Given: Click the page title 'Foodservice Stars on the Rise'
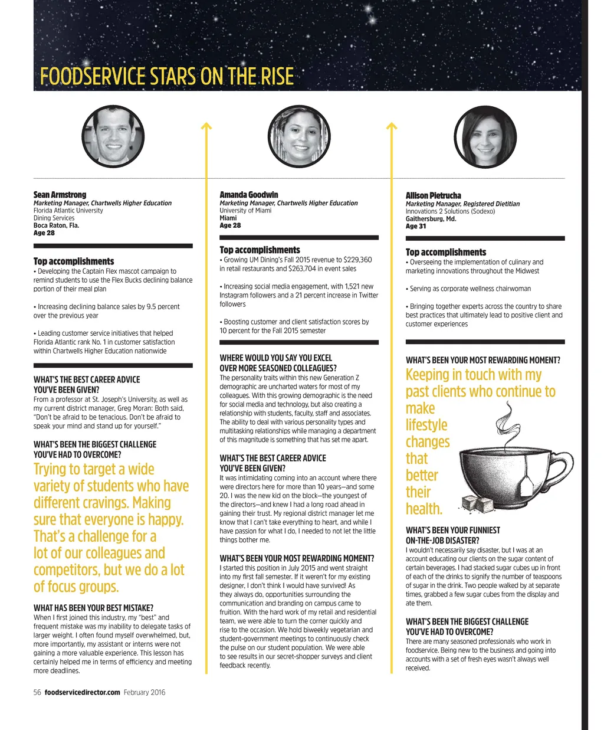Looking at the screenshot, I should pos(166,77).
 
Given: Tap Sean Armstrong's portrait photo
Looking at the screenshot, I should pos(113,137).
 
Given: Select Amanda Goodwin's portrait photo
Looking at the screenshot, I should pos(299,137).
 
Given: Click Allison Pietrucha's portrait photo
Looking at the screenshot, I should pos(485,137).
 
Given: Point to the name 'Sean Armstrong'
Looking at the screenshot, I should pos(60,195).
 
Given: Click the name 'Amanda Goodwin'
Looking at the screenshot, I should pos(248,195).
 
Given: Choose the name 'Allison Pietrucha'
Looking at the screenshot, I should pos(434,195).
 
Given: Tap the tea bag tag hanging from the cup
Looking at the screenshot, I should pos(527,486).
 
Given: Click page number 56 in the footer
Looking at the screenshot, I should pos(37,692).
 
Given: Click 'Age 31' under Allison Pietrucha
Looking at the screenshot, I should pos(416,226).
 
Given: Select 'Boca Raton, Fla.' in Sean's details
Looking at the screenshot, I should pos(56,225).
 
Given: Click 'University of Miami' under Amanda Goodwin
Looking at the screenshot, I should pos(245,211).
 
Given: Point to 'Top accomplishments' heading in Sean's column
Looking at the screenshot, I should pos(74,261).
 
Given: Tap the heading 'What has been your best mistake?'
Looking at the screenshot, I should pos(93,608).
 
